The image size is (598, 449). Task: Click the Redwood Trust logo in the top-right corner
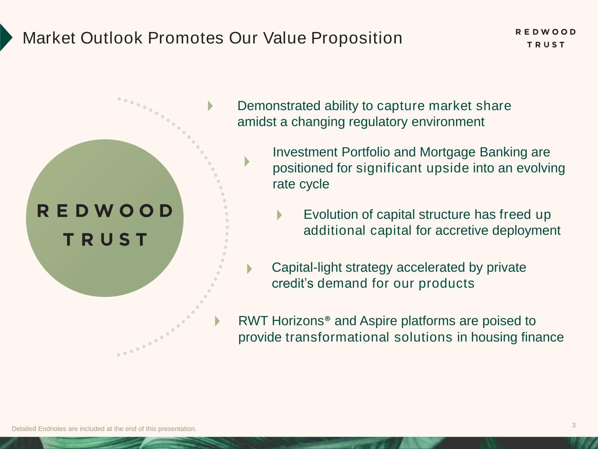(545, 38)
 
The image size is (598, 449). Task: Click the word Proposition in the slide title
(357, 38)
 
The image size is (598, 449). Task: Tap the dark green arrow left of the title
(5, 38)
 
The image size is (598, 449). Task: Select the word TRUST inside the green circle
(105, 240)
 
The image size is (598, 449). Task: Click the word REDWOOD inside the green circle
(105, 211)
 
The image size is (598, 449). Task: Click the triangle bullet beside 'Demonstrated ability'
(210, 106)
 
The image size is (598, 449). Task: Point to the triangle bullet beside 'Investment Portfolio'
(247, 161)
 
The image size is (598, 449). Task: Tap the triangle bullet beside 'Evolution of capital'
(280, 215)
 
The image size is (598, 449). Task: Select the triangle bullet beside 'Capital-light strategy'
(249, 268)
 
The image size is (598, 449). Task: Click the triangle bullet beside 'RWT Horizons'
(217, 321)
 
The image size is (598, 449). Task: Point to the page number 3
(573, 425)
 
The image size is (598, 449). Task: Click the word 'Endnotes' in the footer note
(53, 429)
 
